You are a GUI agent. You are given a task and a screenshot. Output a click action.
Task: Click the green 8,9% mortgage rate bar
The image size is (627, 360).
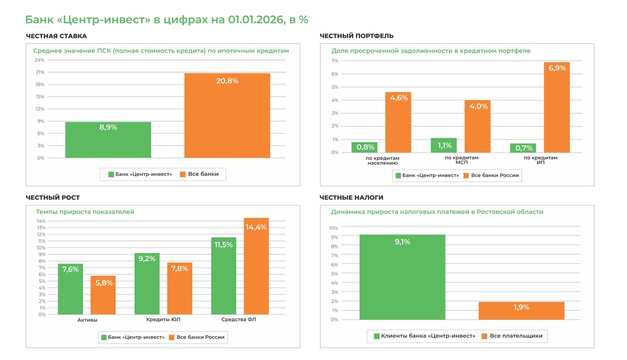(x=108, y=140)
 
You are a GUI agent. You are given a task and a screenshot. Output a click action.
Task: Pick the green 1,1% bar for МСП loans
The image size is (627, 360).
(x=444, y=145)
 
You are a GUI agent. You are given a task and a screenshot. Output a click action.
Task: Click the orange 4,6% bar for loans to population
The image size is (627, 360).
(x=398, y=123)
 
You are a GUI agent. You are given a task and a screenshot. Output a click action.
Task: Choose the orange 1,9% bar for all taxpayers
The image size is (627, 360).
(x=521, y=311)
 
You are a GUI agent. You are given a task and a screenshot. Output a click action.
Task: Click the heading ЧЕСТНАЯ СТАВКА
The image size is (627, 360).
(x=56, y=36)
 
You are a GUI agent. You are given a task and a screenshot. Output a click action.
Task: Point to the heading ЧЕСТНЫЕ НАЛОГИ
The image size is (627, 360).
(x=351, y=198)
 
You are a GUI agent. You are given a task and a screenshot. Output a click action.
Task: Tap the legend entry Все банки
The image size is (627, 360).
(x=202, y=174)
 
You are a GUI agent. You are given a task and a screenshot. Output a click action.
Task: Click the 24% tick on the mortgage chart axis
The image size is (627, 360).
(x=40, y=60)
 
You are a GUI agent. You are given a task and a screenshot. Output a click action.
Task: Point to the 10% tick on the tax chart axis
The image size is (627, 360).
(x=333, y=228)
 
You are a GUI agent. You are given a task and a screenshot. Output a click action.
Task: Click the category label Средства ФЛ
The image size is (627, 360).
(x=239, y=320)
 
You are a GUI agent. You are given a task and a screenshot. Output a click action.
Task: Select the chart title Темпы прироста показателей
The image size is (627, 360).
(x=85, y=212)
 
